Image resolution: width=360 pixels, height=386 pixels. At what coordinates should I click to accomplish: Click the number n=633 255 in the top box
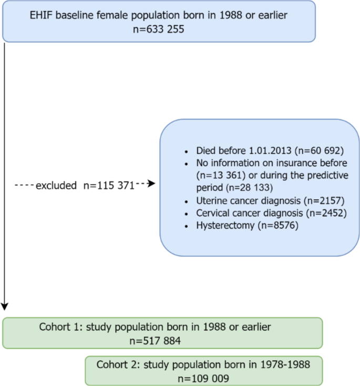click(x=159, y=29)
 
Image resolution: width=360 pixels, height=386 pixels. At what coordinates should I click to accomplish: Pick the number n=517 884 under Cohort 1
click(x=155, y=340)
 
